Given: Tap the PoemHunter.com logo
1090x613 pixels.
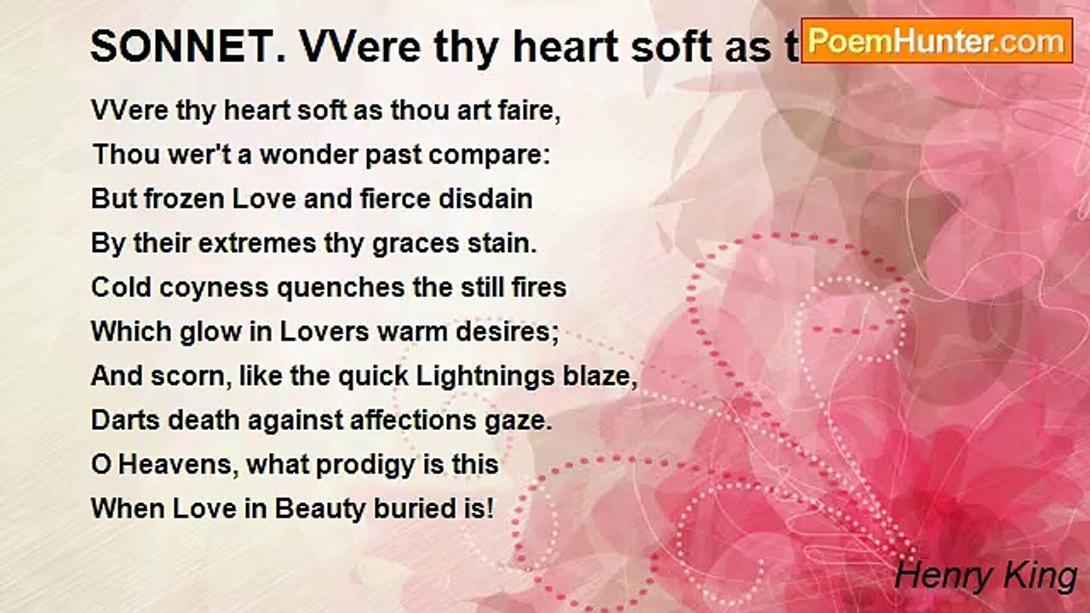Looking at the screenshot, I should click(937, 40).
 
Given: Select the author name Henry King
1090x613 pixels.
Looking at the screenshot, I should click(985, 576).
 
